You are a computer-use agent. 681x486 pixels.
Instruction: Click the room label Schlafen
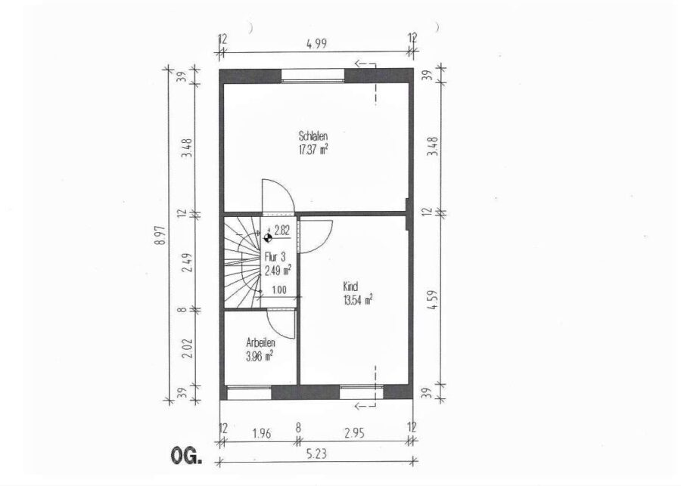pyautogui.click(x=313, y=136)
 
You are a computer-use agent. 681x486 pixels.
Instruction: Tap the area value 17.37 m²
pyautogui.click(x=313, y=150)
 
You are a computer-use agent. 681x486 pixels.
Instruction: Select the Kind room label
pyautogui.click(x=350, y=286)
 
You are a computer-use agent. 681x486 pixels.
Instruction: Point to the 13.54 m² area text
pyautogui.click(x=358, y=300)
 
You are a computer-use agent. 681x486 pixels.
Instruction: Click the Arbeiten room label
pyautogui.click(x=260, y=343)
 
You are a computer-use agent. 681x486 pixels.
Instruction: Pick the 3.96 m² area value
pyautogui.click(x=260, y=357)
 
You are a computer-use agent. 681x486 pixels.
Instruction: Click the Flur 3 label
pyautogui.click(x=275, y=257)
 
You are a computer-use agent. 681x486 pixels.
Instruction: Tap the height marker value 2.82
pyautogui.click(x=282, y=231)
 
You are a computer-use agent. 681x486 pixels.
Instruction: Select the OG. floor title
pyautogui.click(x=186, y=456)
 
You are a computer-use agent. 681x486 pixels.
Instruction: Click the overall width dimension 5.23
pyautogui.click(x=316, y=453)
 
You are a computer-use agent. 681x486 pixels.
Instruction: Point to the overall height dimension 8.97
pyautogui.click(x=162, y=236)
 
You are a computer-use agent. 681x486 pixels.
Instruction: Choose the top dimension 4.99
pyautogui.click(x=316, y=44)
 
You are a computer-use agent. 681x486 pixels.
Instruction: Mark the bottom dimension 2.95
pyautogui.click(x=354, y=433)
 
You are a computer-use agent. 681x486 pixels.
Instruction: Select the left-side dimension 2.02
pyautogui.click(x=187, y=348)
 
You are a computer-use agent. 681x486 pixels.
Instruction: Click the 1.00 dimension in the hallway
pyautogui.click(x=278, y=290)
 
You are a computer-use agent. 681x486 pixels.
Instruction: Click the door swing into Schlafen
pyautogui.click(x=278, y=196)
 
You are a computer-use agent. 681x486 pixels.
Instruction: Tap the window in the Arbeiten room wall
pyautogui.click(x=249, y=392)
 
